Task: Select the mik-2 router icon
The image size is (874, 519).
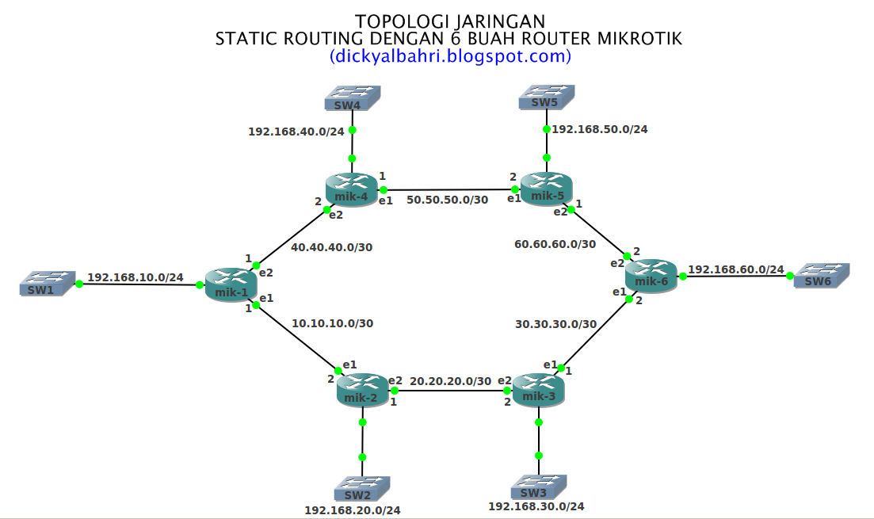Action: pyautogui.click(x=362, y=390)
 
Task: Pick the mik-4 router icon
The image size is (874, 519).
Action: pyautogui.click(x=351, y=190)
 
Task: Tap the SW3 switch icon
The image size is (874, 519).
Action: pyautogui.click(x=539, y=486)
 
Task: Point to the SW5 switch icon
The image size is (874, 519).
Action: pyautogui.click(x=547, y=97)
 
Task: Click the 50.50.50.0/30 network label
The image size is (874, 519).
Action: pyautogui.click(x=447, y=200)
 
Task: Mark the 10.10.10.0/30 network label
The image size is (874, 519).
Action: pyautogui.click(x=332, y=322)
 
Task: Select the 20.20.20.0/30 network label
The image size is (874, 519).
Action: pyautogui.click(x=450, y=381)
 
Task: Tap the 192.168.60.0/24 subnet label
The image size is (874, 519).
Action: pyautogui.click(x=736, y=269)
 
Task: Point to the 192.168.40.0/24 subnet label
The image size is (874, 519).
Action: pyautogui.click(x=296, y=132)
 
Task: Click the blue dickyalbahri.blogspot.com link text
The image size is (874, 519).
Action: pyautogui.click(x=450, y=56)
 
